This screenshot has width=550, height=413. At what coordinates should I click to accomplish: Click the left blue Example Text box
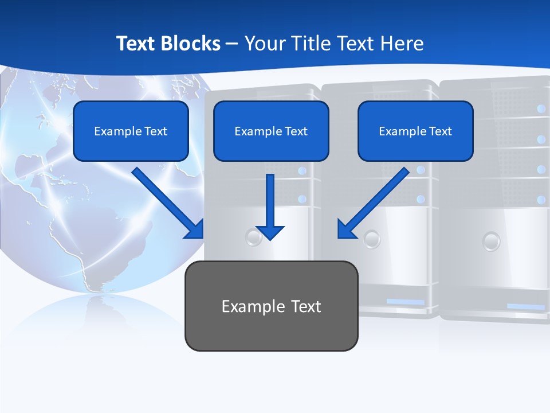tap(131, 131)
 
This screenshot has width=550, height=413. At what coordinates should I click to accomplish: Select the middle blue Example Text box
tap(271, 131)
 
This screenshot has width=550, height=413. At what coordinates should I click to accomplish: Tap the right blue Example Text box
tap(415, 131)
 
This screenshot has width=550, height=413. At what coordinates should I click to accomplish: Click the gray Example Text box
tap(271, 306)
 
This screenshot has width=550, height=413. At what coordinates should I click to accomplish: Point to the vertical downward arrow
tap(270, 206)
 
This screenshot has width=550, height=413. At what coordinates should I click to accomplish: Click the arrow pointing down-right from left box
tap(169, 204)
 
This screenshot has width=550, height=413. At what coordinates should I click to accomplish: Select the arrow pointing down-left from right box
tap(372, 204)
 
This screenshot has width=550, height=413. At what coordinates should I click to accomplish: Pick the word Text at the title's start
tap(137, 44)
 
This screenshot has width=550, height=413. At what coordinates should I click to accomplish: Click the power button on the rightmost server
tap(491, 241)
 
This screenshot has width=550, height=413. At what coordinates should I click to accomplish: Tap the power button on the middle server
tap(372, 239)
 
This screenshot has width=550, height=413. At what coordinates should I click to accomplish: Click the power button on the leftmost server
tap(253, 237)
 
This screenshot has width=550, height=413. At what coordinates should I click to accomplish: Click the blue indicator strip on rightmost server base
tap(525, 307)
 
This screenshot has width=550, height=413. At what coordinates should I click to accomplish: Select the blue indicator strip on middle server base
tap(405, 302)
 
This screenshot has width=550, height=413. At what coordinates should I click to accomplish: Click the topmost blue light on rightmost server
tap(541, 108)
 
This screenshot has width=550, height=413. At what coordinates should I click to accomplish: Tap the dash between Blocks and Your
tap(232, 44)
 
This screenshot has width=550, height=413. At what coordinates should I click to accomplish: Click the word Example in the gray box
tap(245, 306)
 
